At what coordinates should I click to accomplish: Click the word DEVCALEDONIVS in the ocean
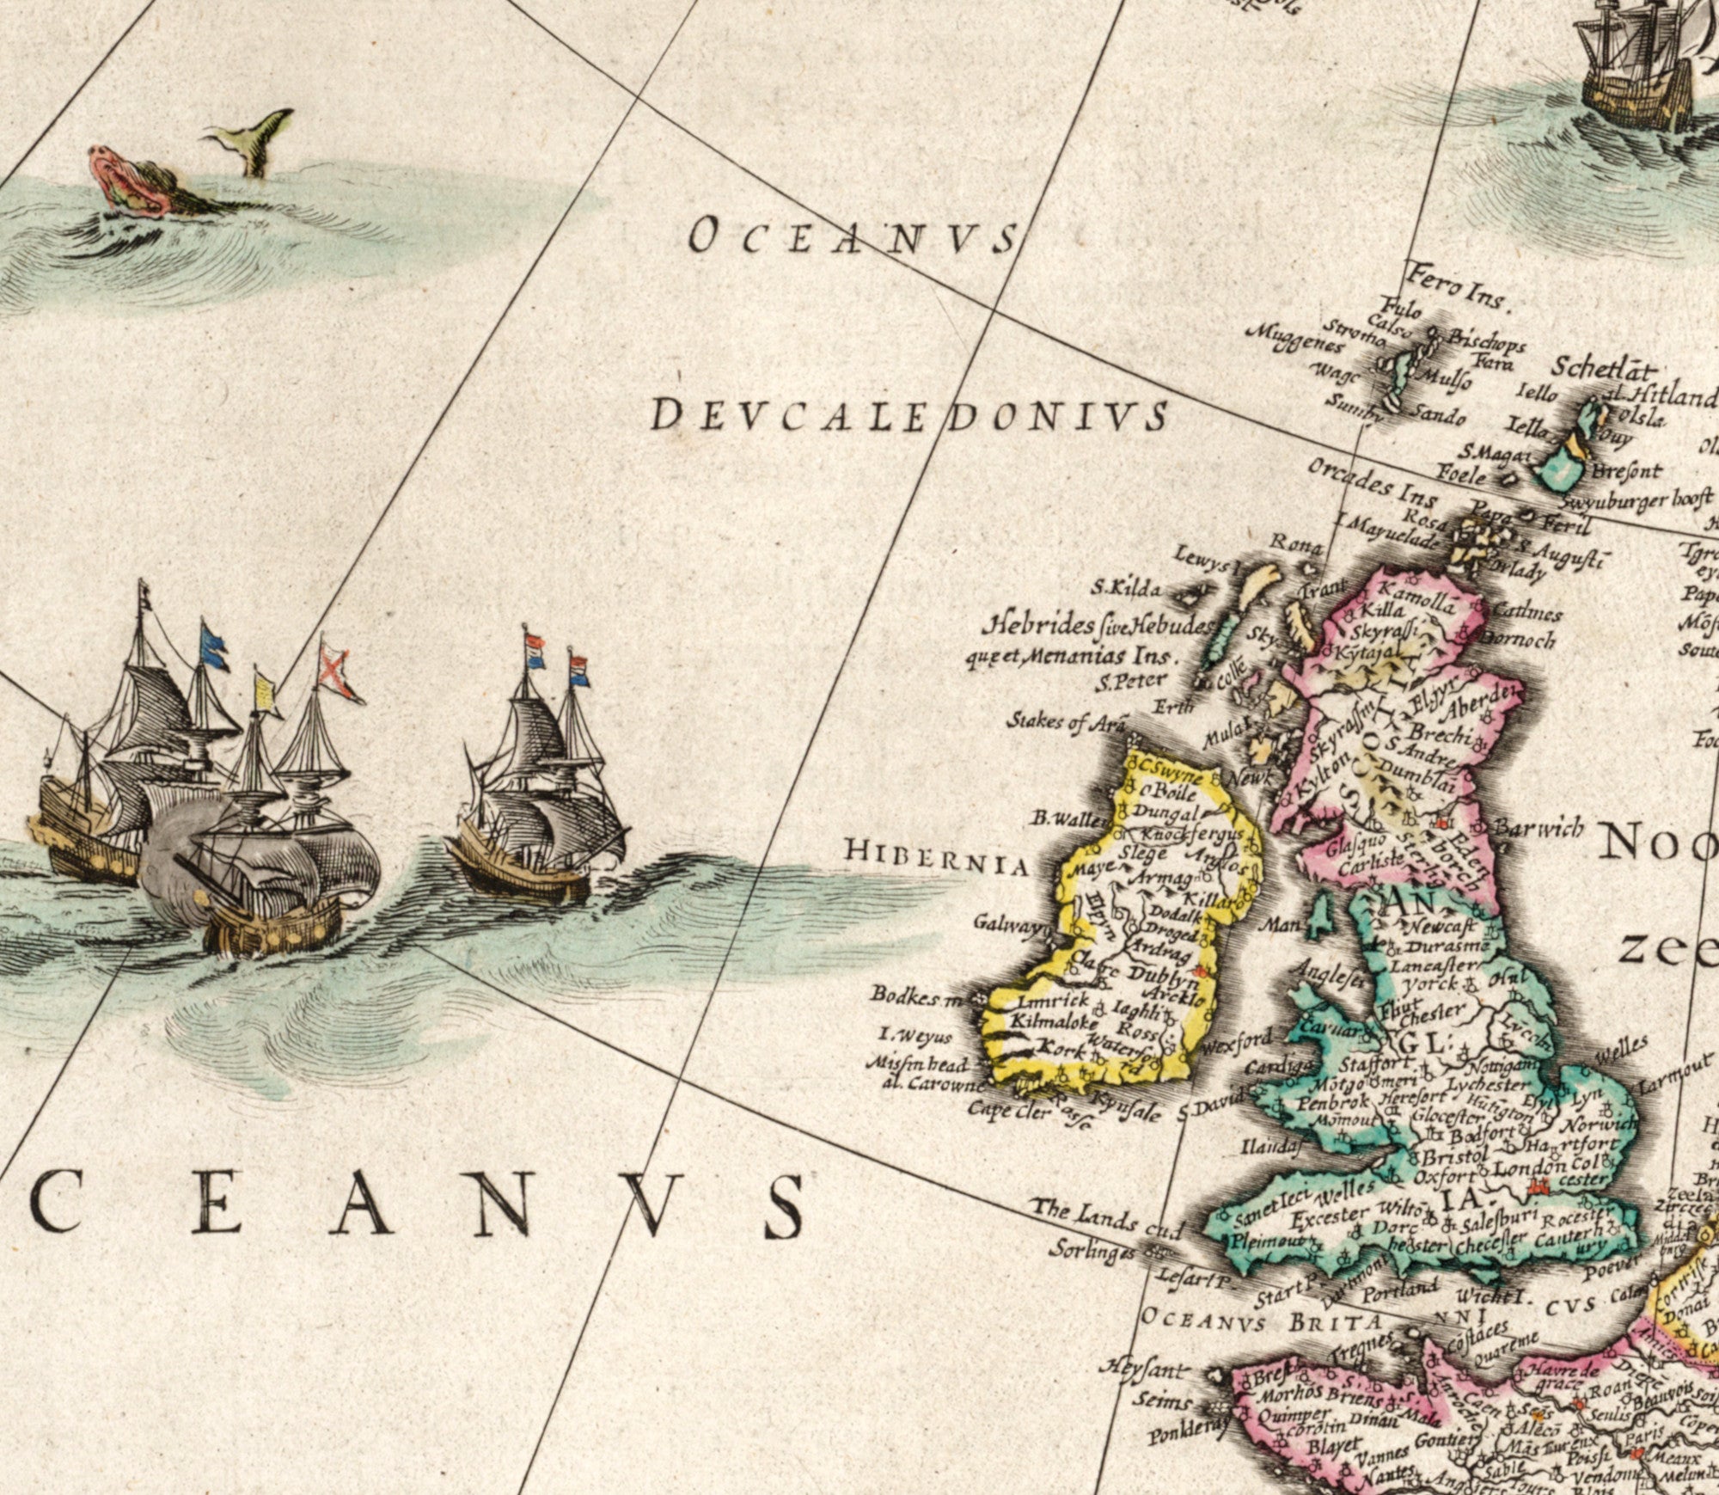pos(908,416)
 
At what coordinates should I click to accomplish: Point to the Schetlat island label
pos(1601,369)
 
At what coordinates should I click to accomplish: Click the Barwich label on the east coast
pos(1539,829)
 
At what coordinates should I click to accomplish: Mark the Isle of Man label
pos(1278,925)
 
